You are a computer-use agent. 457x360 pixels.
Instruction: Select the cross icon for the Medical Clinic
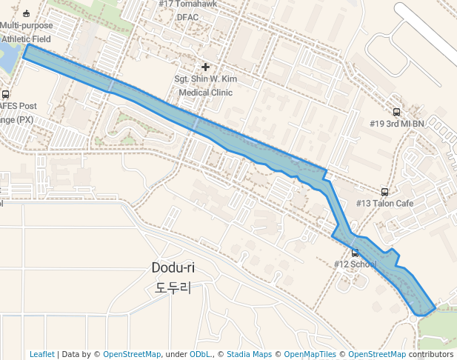(x=205, y=67)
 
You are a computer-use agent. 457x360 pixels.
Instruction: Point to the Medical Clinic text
(x=205, y=93)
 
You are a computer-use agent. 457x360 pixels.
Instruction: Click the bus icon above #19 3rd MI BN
(x=396, y=113)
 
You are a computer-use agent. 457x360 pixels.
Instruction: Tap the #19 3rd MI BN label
(x=396, y=124)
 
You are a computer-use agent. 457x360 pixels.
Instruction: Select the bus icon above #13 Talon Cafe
(x=384, y=192)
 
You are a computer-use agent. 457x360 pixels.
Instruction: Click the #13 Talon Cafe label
(x=384, y=204)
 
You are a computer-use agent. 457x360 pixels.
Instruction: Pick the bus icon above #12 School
(x=355, y=253)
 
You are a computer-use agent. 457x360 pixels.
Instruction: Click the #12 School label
(x=355, y=264)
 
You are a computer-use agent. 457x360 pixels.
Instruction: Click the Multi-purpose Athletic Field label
(x=27, y=33)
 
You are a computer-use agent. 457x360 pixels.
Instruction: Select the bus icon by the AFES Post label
(x=6, y=94)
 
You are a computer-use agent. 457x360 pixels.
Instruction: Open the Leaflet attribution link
(x=42, y=354)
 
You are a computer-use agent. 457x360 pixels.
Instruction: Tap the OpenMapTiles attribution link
(x=310, y=354)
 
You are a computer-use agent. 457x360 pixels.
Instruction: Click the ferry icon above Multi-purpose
(x=27, y=13)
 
